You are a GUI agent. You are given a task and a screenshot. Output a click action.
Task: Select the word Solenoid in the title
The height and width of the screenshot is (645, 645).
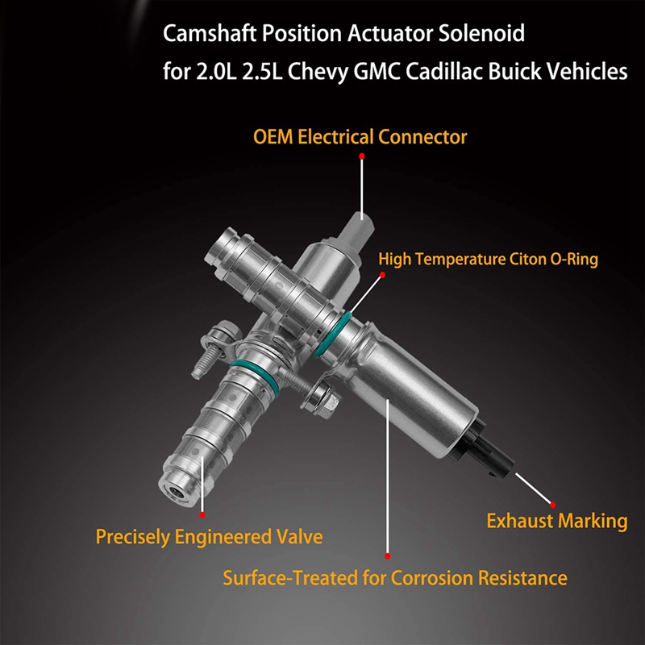pos(469,35)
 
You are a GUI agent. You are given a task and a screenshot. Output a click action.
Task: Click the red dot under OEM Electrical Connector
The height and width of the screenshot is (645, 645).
pos(362,155)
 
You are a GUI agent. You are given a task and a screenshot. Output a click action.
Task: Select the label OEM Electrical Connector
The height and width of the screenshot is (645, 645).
pos(360,136)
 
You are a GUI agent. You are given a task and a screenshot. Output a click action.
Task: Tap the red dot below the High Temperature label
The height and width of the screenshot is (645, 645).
pos(384,274)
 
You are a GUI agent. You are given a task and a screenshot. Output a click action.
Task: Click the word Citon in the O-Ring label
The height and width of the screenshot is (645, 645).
pos(539,259)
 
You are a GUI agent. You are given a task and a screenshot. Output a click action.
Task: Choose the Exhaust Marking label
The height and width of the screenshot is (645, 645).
pos(556,521)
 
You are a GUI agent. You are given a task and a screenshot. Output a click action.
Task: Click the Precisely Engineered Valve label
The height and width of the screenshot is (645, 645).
pos(209,535)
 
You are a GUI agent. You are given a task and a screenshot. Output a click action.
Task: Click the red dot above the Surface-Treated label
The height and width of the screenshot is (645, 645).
pos(388,556)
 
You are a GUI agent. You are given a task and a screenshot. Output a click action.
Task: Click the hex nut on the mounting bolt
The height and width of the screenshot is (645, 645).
pos(320,396)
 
